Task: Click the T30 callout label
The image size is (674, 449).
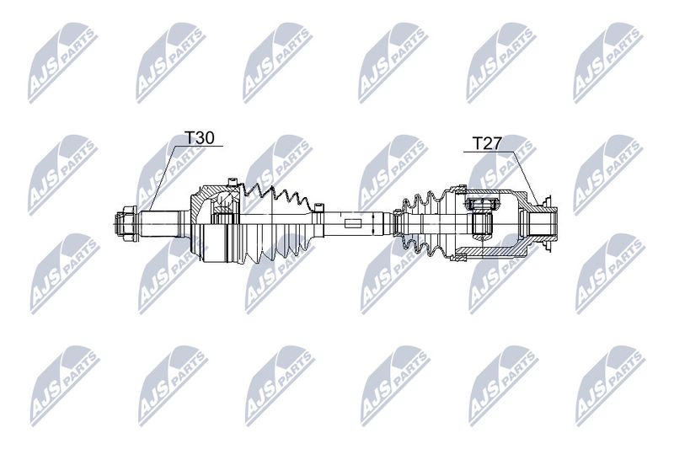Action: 199,137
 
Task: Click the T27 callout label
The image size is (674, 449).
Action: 487,143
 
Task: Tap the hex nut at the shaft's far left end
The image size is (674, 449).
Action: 126,223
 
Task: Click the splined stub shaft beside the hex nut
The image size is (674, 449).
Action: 163,223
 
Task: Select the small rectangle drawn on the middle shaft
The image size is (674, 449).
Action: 354,223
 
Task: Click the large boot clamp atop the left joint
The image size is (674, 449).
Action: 233,183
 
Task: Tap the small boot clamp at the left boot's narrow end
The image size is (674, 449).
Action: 318,208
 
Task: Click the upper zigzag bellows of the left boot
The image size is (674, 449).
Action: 275,198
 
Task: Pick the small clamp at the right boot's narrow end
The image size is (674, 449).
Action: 397,223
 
